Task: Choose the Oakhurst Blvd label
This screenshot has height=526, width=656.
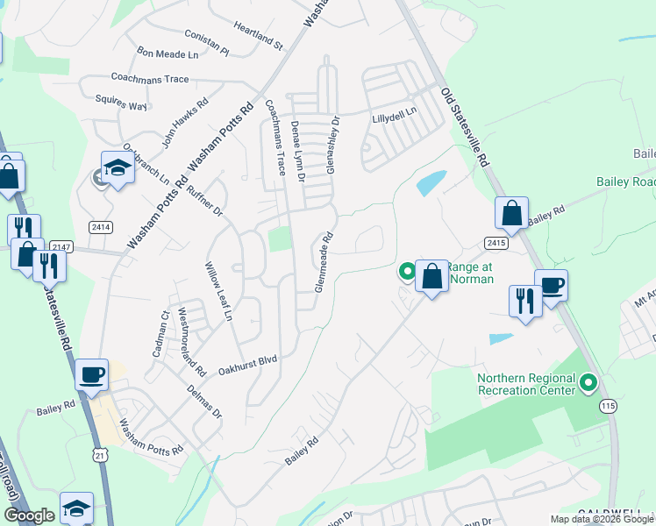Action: [247, 359]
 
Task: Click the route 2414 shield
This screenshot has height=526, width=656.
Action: [101, 227]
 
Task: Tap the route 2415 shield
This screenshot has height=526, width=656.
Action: [496, 241]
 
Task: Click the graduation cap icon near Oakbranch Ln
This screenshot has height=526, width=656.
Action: [117, 166]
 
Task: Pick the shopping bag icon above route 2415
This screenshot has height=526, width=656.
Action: [511, 212]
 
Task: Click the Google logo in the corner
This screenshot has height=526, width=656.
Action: [29, 516]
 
